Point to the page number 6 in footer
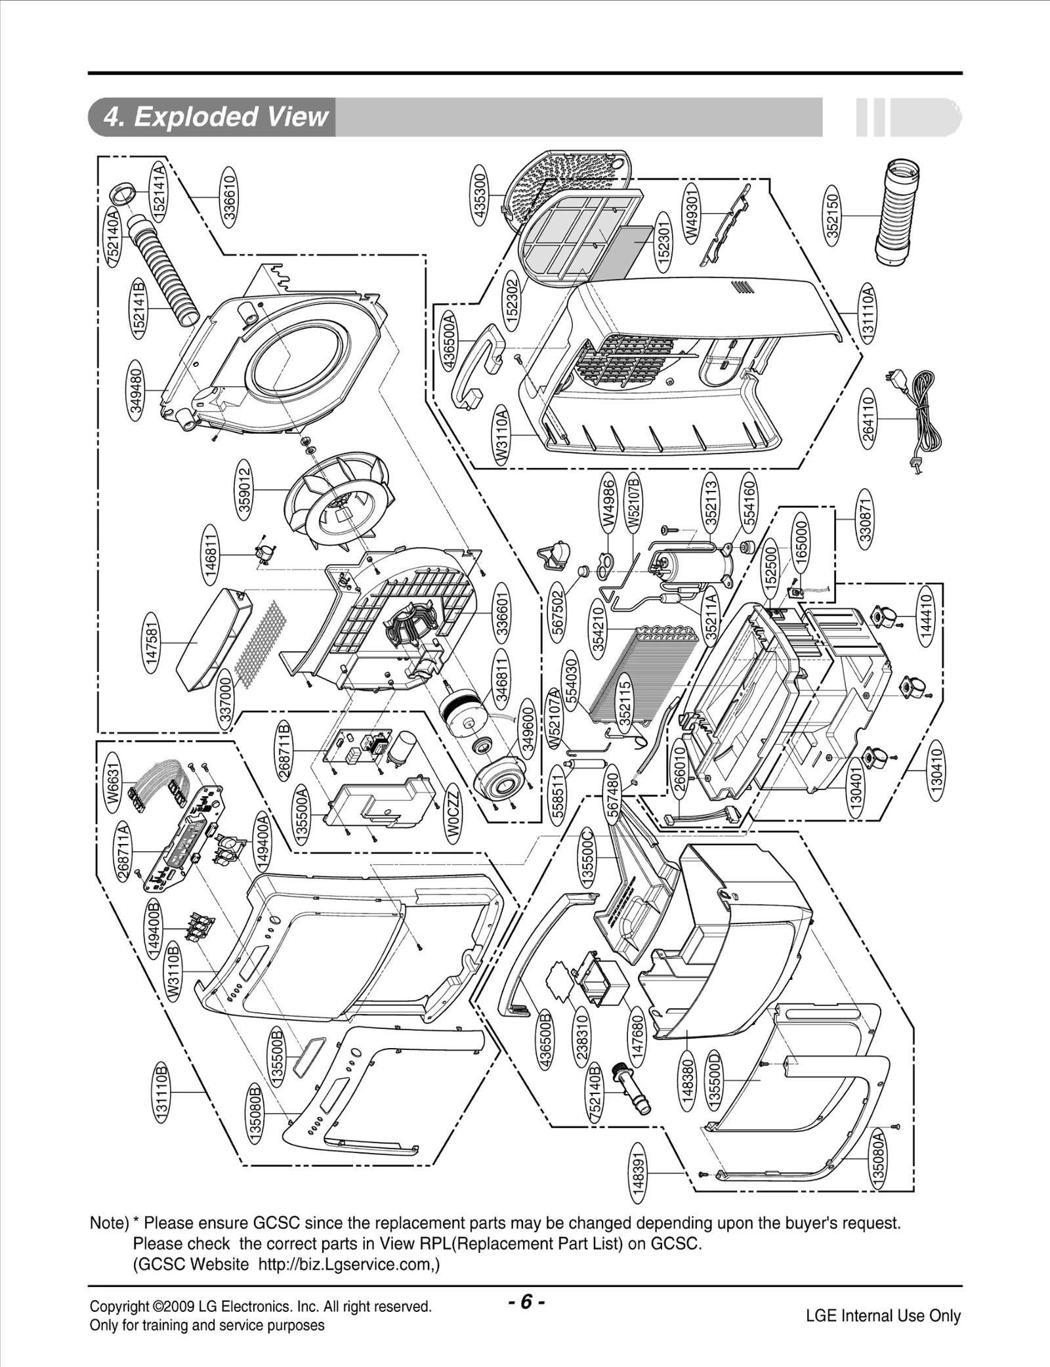pyautogui.click(x=526, y=1301)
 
